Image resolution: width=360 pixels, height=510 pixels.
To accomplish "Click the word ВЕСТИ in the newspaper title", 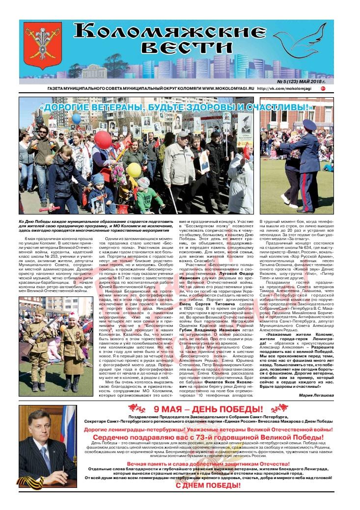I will point(186,49).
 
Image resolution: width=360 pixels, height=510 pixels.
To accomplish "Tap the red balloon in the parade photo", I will point(103,140).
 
